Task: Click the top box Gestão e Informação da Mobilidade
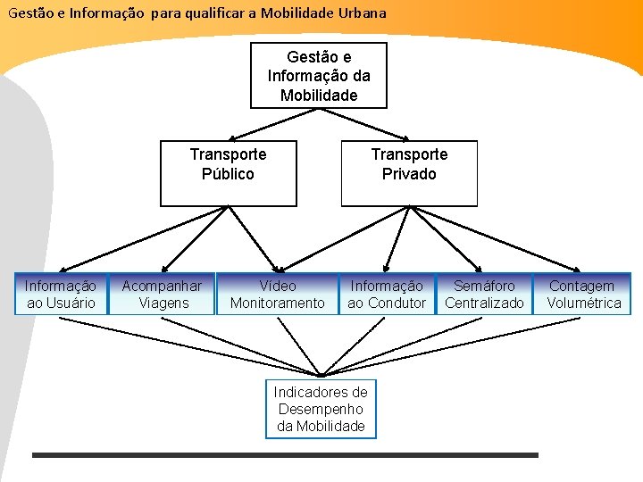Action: tap(318, 76)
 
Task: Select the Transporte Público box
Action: tap(228, 173)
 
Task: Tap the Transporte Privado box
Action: tap(409, 173)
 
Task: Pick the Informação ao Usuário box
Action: tap(61, 295)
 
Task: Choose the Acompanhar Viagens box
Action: tap(162, 295)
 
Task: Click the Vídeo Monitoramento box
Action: tap(277, 295)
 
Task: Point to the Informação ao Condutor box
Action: tap(386, 295)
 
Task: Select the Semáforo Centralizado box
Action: tap(484, 295)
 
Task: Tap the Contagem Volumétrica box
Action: tap(584, 295)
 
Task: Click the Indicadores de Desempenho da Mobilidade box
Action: tap(321, 409)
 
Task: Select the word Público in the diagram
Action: tap(228, 174)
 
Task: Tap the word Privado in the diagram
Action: tap(409, 174)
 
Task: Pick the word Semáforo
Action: tap(484, 287)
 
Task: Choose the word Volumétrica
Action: tap(584, 303)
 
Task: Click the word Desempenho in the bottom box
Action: tap(321, 409)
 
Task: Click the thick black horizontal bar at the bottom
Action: tap(285, 455)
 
